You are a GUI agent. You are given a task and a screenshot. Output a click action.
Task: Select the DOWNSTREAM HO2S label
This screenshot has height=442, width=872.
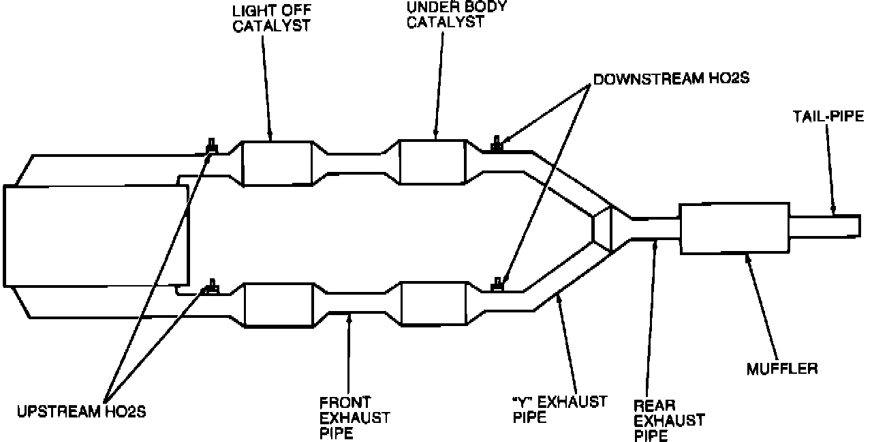[x=671, y=78]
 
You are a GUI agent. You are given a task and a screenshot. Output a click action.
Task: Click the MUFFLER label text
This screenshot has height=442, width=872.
[x=781, y=369]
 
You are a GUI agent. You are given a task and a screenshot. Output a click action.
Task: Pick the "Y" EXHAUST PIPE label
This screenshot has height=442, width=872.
[x=559, y=409]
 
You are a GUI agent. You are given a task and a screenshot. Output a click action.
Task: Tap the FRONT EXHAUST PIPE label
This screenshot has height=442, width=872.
[x=354, y=416]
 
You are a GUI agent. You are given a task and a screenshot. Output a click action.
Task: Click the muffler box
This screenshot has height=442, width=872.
[x=734, y=228]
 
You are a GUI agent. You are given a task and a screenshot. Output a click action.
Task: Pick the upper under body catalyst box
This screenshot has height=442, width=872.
[x=432, y=162]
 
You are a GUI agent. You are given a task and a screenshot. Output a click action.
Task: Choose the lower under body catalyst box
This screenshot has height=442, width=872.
[x=435, y=305]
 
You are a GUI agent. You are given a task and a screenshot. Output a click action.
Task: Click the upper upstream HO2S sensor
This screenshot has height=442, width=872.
[x=212, y=146]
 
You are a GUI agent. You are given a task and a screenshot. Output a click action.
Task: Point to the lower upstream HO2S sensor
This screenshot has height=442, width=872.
[x=212, y=286]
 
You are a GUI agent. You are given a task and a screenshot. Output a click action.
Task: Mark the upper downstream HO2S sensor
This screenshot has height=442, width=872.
[x=498, y=143]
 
